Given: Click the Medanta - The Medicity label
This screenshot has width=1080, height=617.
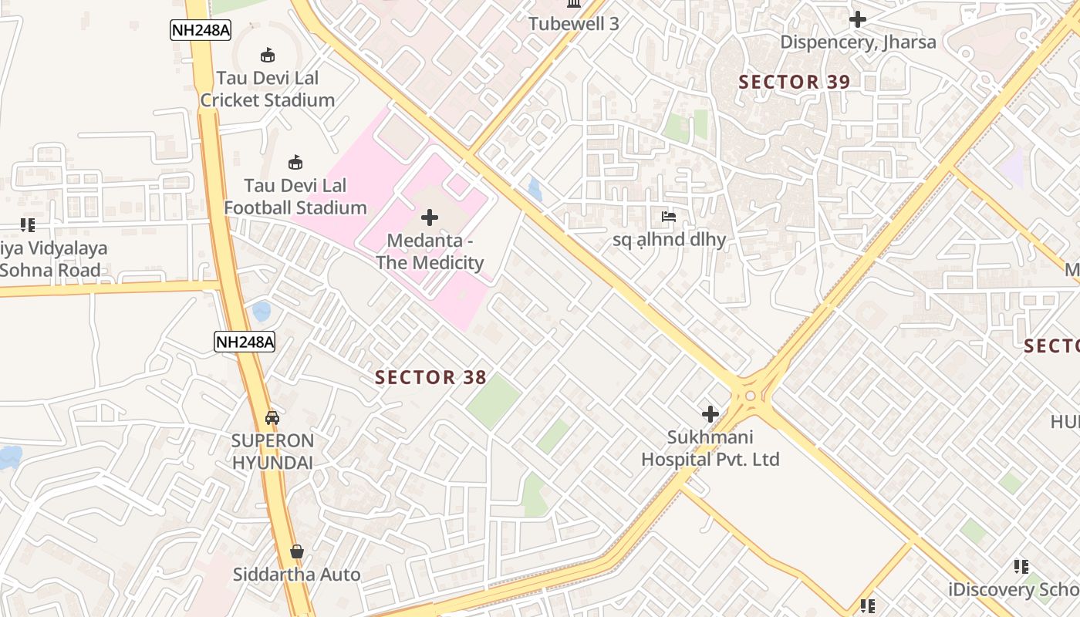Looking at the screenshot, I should point(430,251).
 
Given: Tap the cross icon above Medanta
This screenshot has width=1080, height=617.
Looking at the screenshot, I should point(430,218).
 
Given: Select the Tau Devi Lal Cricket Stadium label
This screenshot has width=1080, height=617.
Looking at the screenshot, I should point(268,89).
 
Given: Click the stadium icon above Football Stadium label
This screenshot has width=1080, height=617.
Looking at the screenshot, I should point(295,162).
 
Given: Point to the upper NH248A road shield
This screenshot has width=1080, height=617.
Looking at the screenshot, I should point(201,30).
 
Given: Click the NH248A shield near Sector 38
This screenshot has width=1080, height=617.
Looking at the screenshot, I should point(245,342).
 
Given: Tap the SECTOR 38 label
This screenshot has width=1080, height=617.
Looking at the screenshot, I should point(430,377).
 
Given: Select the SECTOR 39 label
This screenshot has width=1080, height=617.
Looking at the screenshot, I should point(795,82).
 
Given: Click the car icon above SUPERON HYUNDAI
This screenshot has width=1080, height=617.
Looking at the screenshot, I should point(272,418).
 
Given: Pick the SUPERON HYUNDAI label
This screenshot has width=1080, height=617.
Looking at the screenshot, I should point(273,452).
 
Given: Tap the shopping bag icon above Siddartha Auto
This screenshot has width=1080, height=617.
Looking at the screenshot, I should point(297,551).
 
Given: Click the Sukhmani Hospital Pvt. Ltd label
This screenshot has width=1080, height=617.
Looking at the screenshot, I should point(710,448).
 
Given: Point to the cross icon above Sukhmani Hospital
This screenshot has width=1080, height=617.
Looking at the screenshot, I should point(710,414).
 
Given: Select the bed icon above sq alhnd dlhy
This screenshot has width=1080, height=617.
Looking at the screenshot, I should point(669,217).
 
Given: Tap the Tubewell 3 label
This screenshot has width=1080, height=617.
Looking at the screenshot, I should point(574,24).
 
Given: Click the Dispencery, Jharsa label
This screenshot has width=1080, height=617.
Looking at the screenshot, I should point(858,42).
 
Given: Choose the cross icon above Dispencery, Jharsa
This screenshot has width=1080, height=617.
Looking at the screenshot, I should point(858,19).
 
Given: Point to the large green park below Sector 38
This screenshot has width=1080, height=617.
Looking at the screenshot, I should point(494,402).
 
